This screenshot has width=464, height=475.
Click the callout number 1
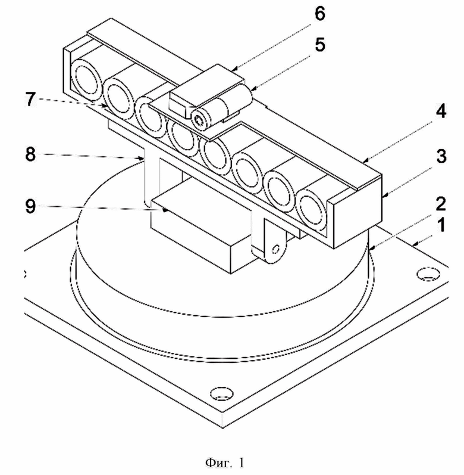441,226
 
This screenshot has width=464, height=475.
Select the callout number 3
441,156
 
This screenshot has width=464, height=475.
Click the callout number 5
320,45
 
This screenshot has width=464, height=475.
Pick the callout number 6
320,13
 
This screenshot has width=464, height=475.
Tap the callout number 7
30,99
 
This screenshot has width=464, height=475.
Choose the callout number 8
30,154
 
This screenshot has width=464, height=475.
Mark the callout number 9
30,206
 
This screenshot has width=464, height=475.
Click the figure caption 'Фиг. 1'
225,462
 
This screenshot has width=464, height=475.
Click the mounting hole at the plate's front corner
221,393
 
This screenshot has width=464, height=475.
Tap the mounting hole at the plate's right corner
428,274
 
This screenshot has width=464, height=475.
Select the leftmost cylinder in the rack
87,80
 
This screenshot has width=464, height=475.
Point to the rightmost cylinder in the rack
312,210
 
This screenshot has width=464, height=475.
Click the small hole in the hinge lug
275,250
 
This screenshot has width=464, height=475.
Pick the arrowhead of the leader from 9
165,210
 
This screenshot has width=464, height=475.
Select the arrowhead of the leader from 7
104,105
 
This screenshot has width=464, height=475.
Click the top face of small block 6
207,80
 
